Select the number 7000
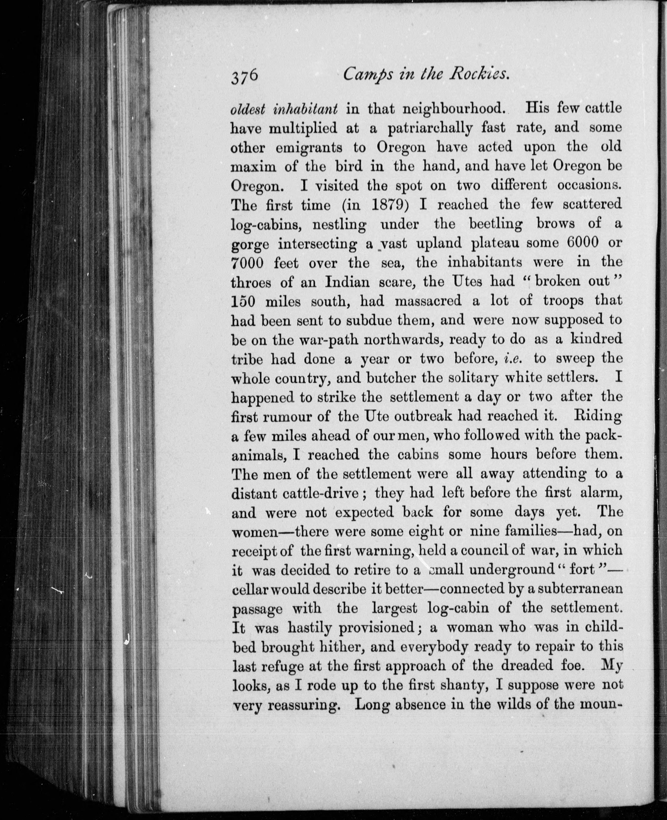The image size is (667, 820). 247,263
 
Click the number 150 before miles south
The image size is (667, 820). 244,301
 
